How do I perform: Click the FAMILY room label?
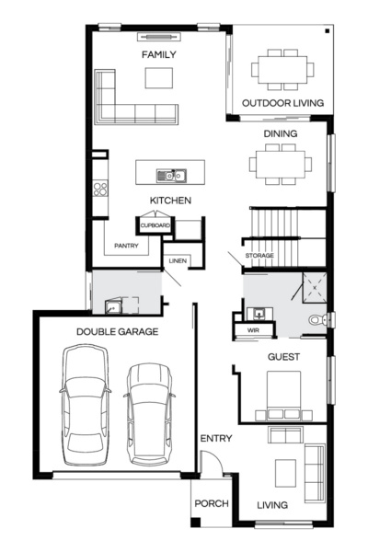(x=158, y=55)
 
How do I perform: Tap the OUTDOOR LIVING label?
(x=282, y=103)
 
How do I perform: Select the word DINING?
(x=281, y=133)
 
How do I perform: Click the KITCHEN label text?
(x=171, y=201)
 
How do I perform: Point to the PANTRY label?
(x=126, y=247)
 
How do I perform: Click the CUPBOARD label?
(x=155, y=224)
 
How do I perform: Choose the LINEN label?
(x=178, y=261)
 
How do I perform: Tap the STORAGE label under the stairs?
(x=259, y=256)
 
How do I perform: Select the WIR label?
(x=254, y=329)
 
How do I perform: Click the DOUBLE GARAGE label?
(x=118, y=331)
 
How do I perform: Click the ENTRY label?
(x=216, y=439)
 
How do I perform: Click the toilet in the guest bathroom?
(x=318, y=320)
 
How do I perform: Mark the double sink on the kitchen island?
(x=171, y=175)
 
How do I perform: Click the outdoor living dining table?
(x=282, y=67)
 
